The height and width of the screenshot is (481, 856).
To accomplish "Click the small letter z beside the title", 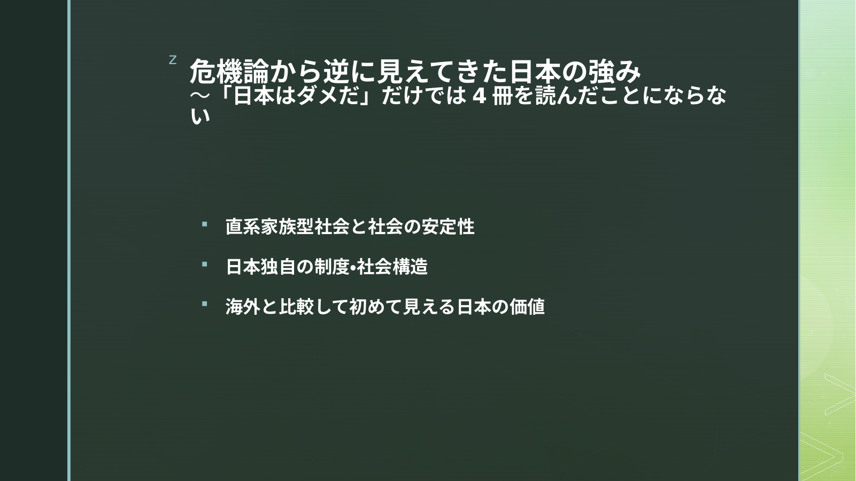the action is click(173, 60).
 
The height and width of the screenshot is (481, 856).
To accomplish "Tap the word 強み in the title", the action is click(614, 72).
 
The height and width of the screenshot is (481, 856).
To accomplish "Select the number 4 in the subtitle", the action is click(479, 96).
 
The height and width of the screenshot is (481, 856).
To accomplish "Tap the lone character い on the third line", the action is click(200, 116).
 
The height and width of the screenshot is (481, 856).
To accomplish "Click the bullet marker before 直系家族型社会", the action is click(204, 224).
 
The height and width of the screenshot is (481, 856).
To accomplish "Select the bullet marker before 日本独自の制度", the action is click(204, 264).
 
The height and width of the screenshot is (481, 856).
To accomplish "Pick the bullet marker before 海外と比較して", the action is click(204, 304).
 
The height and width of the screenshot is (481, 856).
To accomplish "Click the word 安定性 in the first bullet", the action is click(448, 227).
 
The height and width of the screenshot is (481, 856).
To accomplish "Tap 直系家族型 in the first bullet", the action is click(270, 227).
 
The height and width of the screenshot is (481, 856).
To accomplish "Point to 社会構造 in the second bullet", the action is click(392, 267).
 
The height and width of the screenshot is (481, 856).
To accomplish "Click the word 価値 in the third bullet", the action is click(527, 307).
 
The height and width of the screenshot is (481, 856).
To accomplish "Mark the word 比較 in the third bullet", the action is click(297, 307).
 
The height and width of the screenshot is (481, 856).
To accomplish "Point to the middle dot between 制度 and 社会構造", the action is click(353, 267).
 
